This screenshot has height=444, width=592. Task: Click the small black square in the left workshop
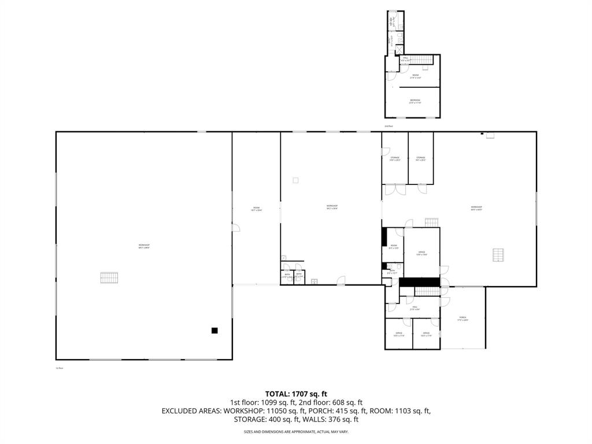(214, 331)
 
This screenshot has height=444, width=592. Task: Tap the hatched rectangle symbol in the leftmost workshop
(109, 277)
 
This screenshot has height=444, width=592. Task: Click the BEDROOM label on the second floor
(415, 101)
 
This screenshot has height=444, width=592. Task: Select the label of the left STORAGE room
(395, 158)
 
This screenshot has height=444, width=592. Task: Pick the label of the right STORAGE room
(420, 158)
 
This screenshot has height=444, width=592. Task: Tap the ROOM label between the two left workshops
(256, 209)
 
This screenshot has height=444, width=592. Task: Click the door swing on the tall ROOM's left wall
(236, 228)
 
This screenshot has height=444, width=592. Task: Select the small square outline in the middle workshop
(295, 180)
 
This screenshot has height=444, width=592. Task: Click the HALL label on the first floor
(415, 309)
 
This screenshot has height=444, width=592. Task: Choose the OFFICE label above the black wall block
(422, 253)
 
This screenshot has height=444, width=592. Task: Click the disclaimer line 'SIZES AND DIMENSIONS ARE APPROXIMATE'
(296, 432)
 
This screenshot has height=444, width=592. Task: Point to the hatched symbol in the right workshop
(498, 254)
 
